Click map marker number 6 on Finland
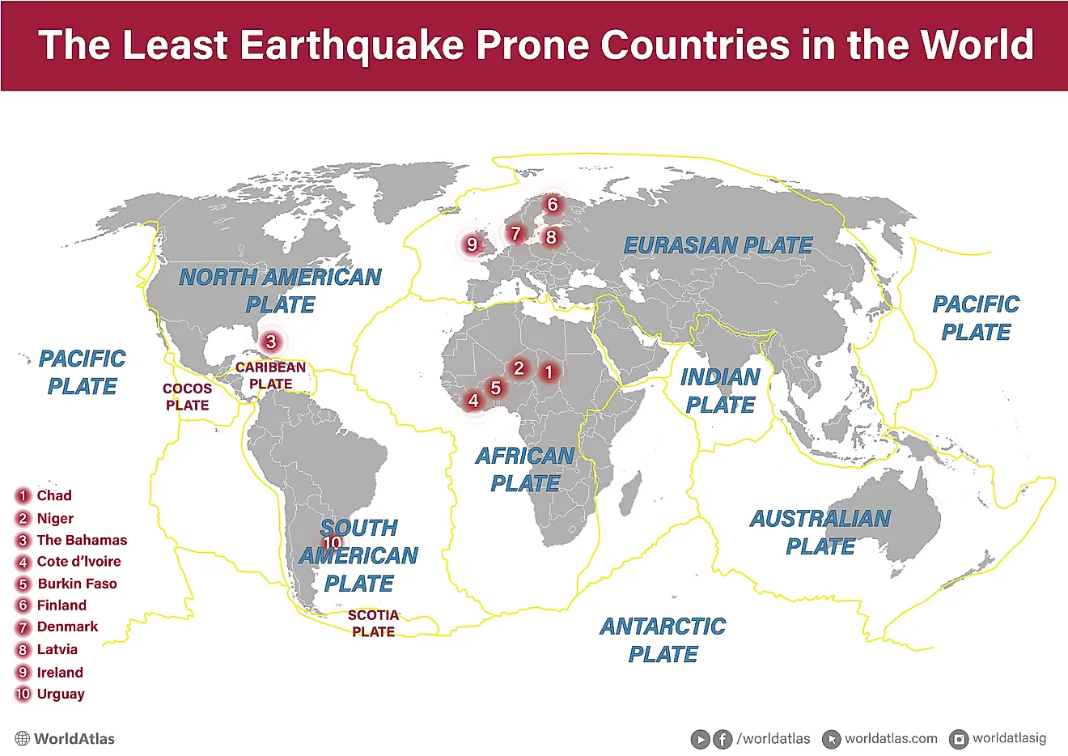click(553, 204)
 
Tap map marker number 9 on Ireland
click(473, 244)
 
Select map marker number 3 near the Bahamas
click(271, 342)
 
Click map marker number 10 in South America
click(332, 543)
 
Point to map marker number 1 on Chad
click(549, 372)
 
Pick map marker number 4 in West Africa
click(473, 400)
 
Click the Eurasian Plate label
click(718, 246)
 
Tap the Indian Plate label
click(720, 391)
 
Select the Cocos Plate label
click(187, 397)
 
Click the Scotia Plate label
click(373, 623)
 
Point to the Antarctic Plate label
click(663, 639)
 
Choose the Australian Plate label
click(820, 532)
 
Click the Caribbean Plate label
click(270, 376)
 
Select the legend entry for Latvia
click(57, 649)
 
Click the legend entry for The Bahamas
click(82, 540)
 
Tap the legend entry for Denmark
click(67, 626)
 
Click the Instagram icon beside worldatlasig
click(959, 739)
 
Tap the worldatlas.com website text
click(891, 738)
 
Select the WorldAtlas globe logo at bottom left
click(23, 739)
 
